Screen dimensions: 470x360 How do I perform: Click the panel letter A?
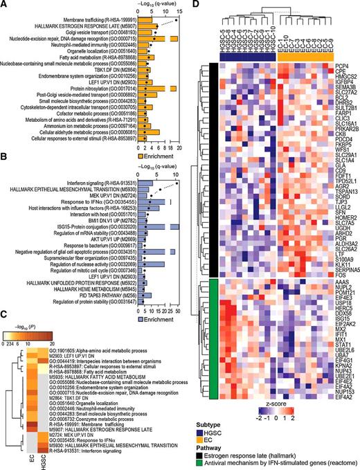(4, 5)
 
